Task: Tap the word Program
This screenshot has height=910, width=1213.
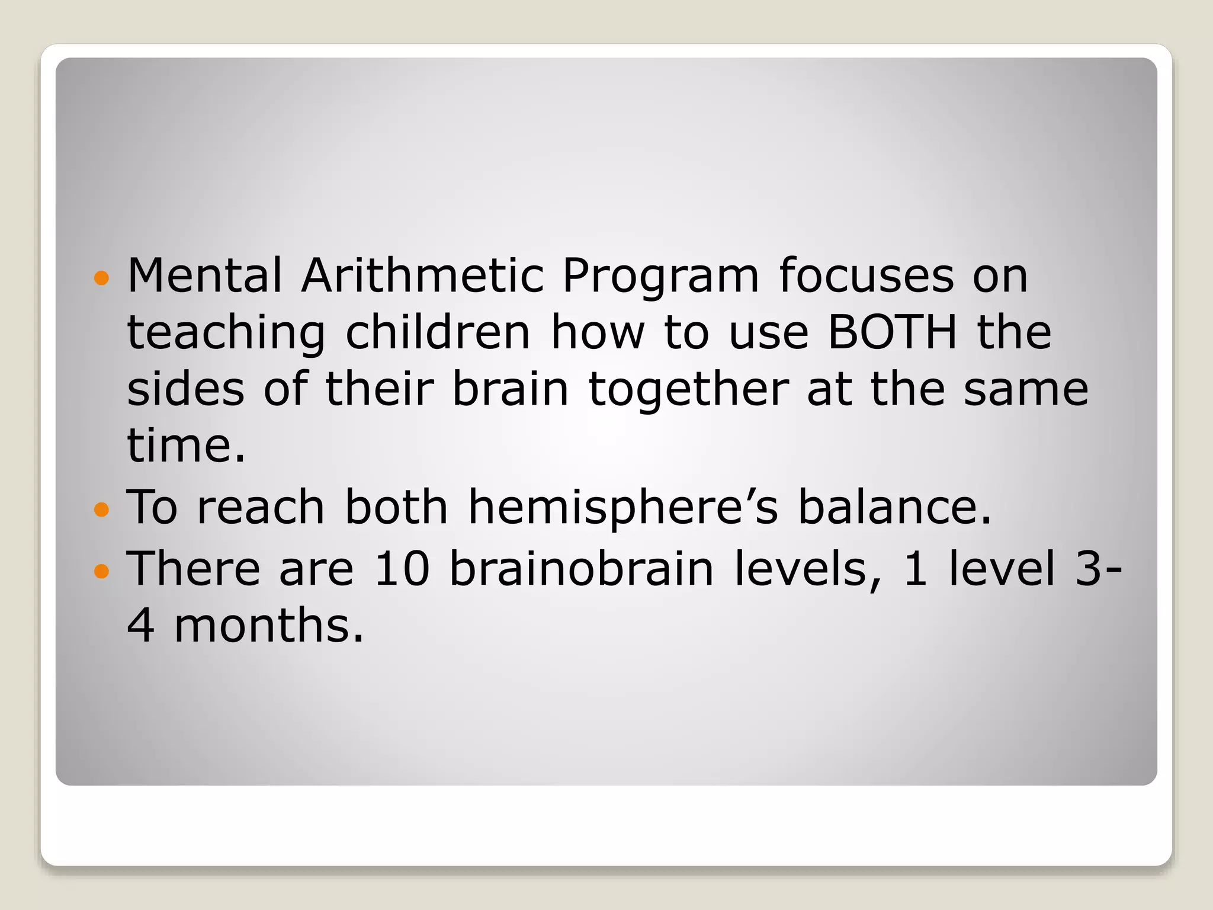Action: tap(660, 277)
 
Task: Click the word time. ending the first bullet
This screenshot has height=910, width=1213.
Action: tap(186, 445)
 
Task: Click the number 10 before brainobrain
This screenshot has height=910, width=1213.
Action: tap(402, 569)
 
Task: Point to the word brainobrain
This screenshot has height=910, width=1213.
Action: tap(582, 569)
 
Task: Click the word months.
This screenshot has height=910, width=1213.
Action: tap(269, 626)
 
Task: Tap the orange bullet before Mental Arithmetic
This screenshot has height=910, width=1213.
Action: tap(102, 277)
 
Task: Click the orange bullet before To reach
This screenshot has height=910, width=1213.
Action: tap(102, 509)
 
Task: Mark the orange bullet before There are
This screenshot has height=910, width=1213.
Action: tap(102, 571)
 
